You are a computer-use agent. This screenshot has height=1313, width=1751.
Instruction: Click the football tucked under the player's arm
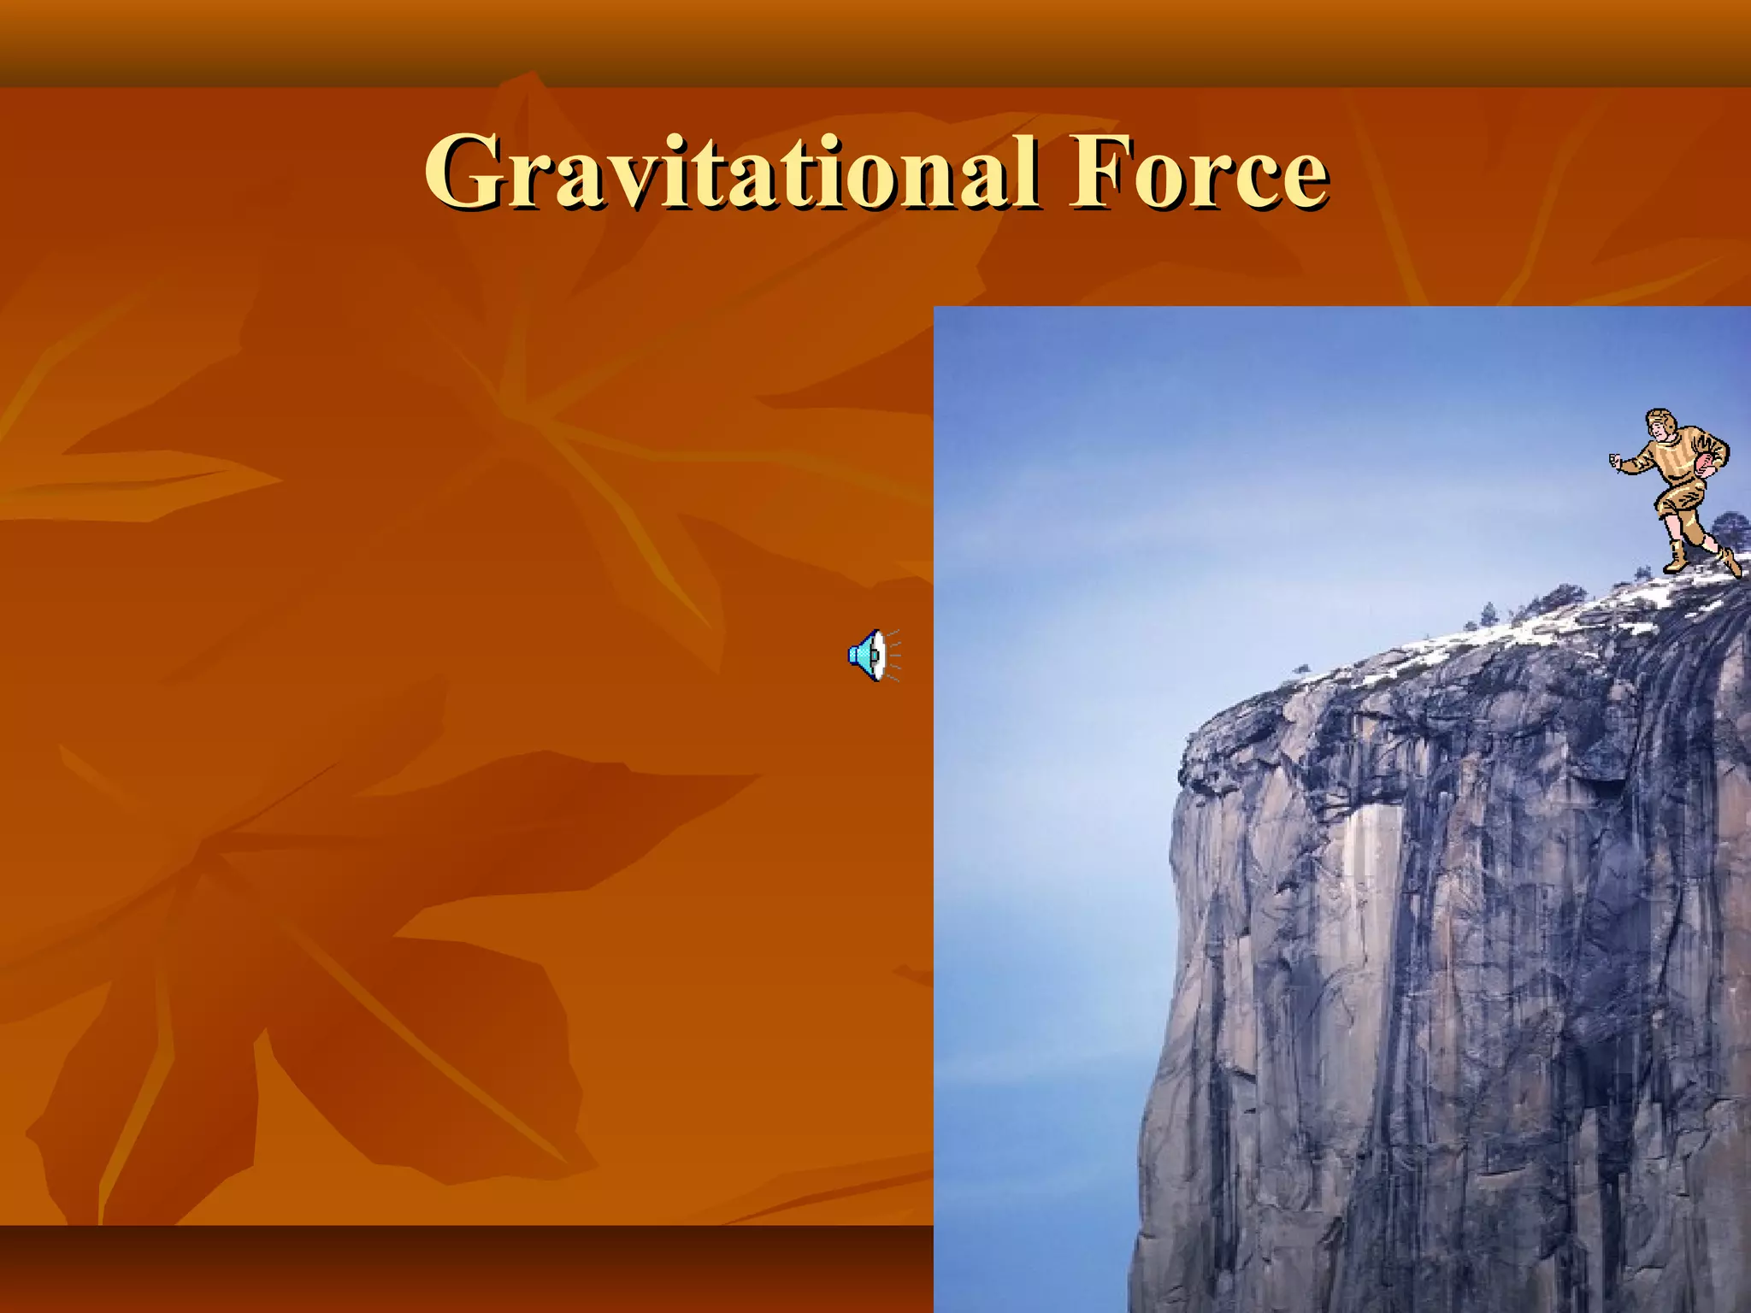pos(1707,467)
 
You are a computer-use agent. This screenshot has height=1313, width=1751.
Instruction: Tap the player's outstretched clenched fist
pos(1616,462)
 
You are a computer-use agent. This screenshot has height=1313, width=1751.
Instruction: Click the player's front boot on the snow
pos(1675,560)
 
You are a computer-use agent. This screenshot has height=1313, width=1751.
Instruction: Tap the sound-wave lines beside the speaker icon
pos(893,656)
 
